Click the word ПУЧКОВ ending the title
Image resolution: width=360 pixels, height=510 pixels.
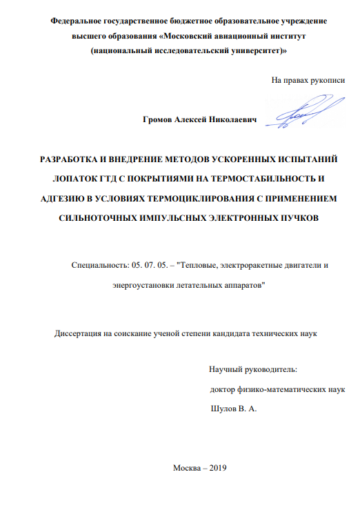(294, 219)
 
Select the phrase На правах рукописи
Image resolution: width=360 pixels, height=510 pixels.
(308, 81)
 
